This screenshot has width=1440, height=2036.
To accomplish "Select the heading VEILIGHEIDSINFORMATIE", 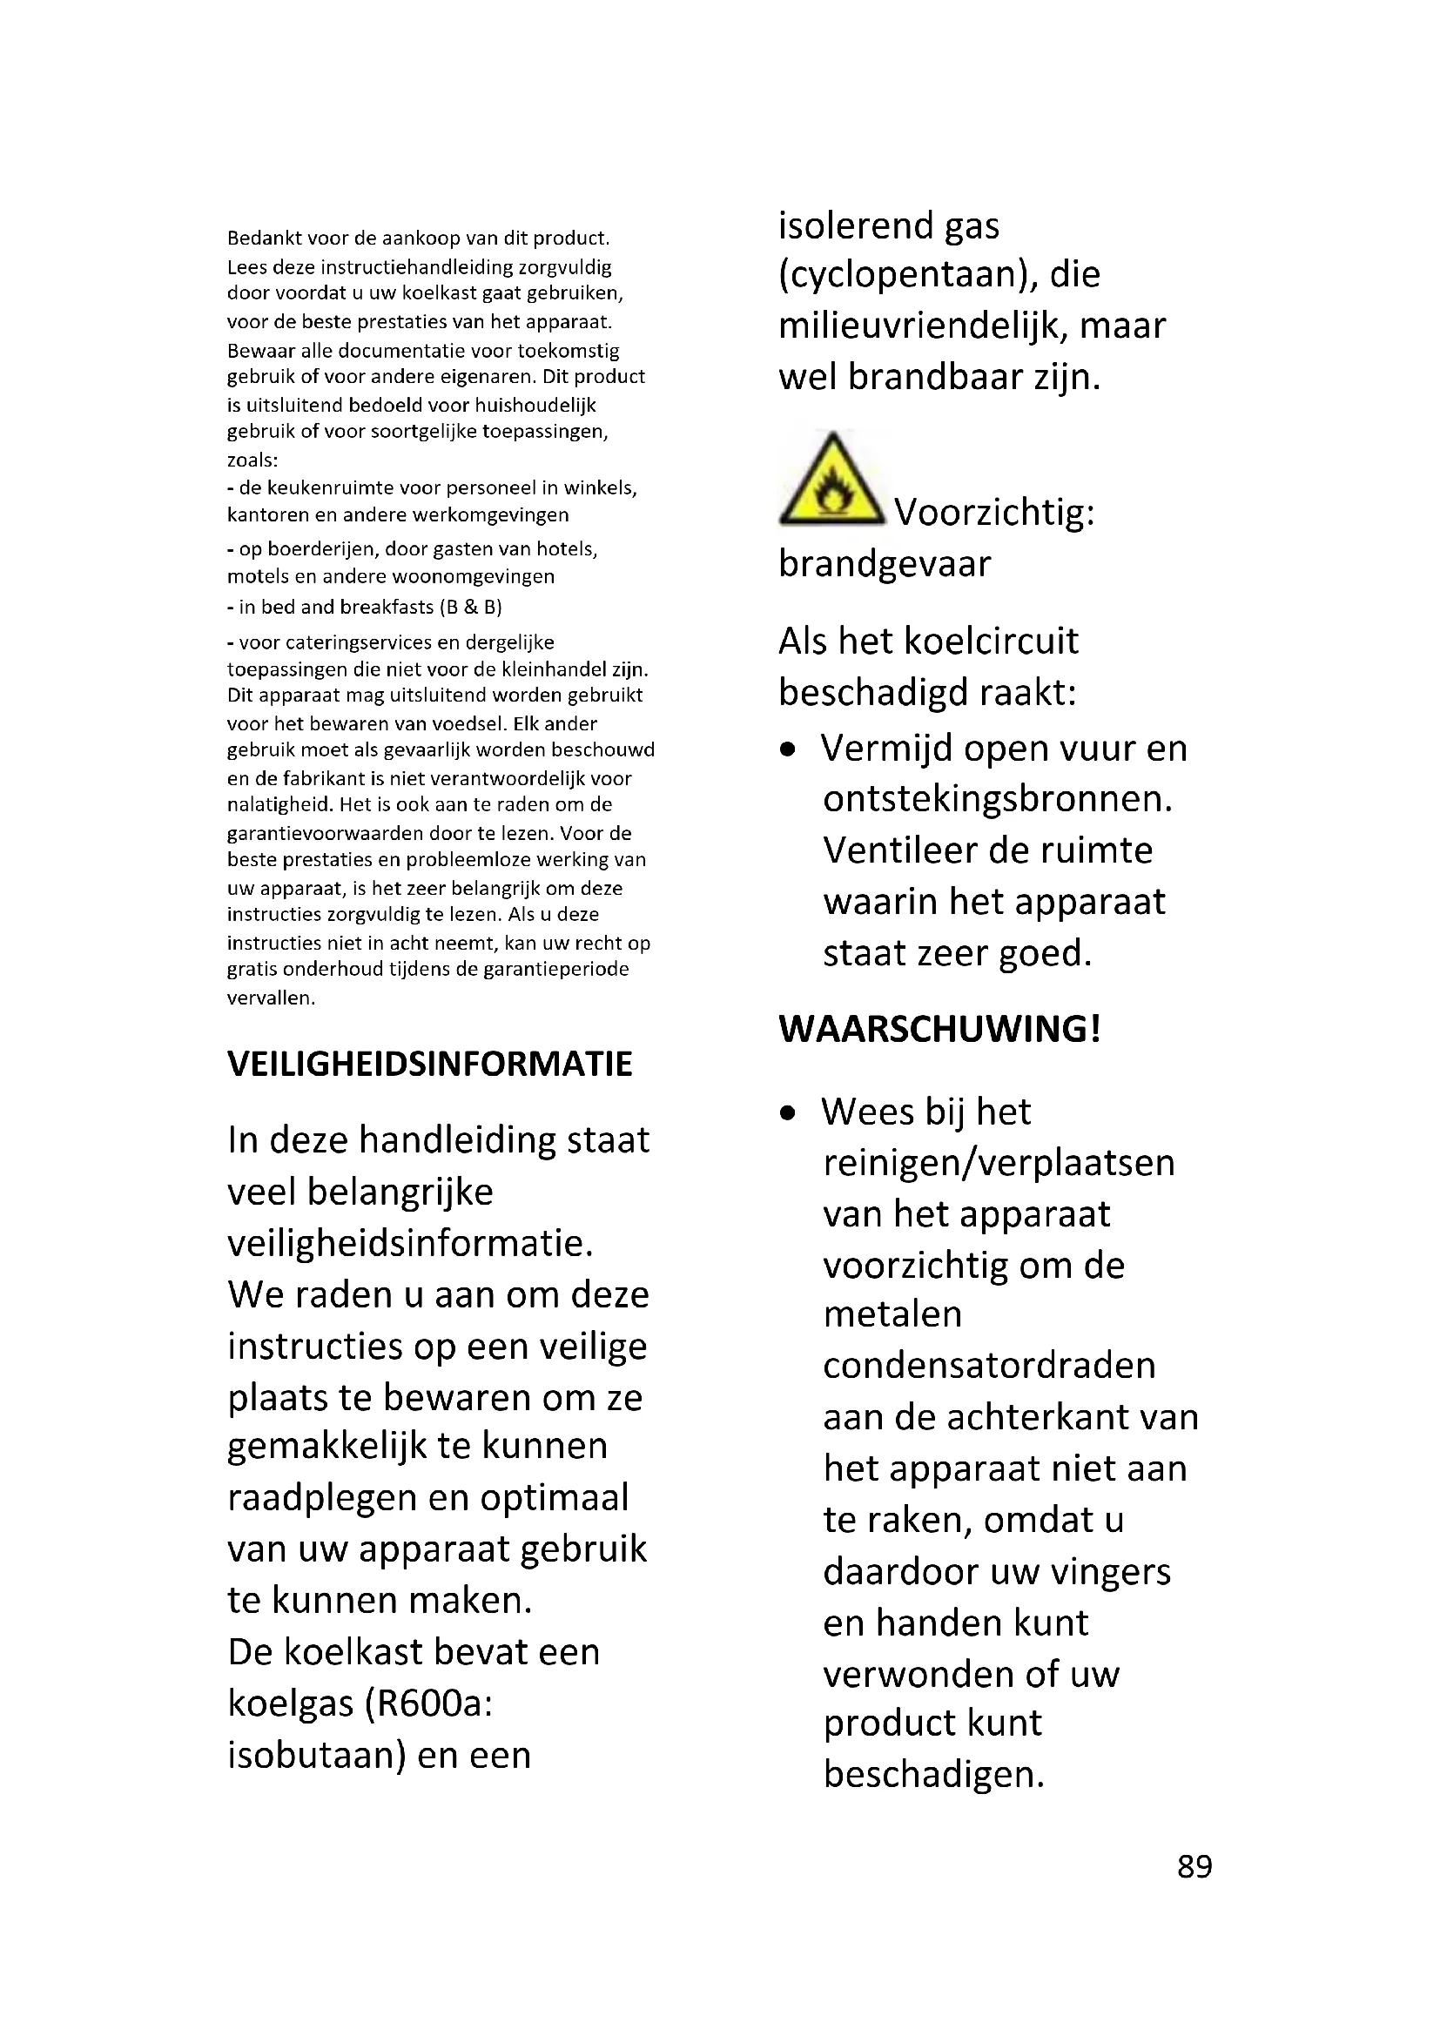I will click(x=430, y=1064).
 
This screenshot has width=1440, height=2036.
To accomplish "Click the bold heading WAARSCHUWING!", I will click(x=939, y=1029).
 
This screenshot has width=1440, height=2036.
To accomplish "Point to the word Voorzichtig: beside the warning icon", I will click(x=994, y=513).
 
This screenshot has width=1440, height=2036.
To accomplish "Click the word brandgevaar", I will click(x=884, y=564).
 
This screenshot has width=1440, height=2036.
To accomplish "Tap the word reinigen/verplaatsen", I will click(x=999, y=1163).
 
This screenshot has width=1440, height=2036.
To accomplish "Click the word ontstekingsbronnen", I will click(x=997, y=800).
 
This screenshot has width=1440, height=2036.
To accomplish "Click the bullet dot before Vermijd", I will click(x=787, y=750).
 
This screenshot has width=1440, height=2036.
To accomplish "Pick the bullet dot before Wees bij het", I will click(x=787, y=1114).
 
